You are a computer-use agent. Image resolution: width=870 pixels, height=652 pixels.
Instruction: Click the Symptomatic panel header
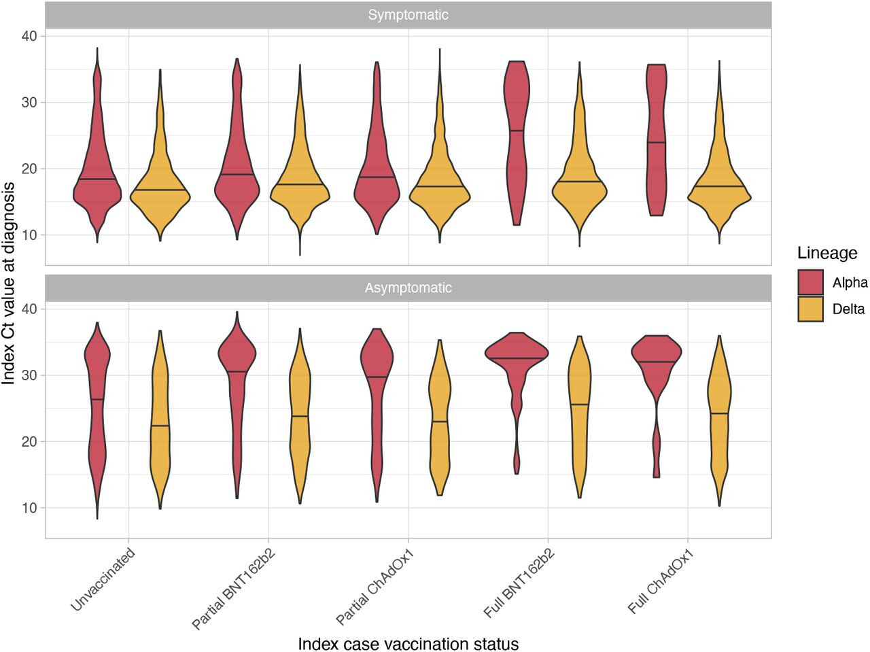click(x=408, y=15)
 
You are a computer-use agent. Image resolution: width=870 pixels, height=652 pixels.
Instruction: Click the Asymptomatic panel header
click(x=408, y=288)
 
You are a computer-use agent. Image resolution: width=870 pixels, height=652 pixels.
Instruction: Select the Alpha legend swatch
click(x=811, y=283)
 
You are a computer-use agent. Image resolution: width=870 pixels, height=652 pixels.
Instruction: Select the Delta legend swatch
click(x=811, y=309)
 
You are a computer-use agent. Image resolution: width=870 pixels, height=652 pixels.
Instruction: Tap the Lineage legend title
click(x=827, y=253)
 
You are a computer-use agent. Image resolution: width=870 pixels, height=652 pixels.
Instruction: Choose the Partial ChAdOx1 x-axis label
click(x=376, y=585)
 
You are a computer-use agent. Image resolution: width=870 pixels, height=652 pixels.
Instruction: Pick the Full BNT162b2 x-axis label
click(x=519, y=583)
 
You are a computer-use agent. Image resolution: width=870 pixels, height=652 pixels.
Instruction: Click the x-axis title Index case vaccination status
click(x=408, y=643)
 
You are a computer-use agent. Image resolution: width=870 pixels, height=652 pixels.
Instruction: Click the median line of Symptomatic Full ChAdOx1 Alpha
click(x=657, y=142)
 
